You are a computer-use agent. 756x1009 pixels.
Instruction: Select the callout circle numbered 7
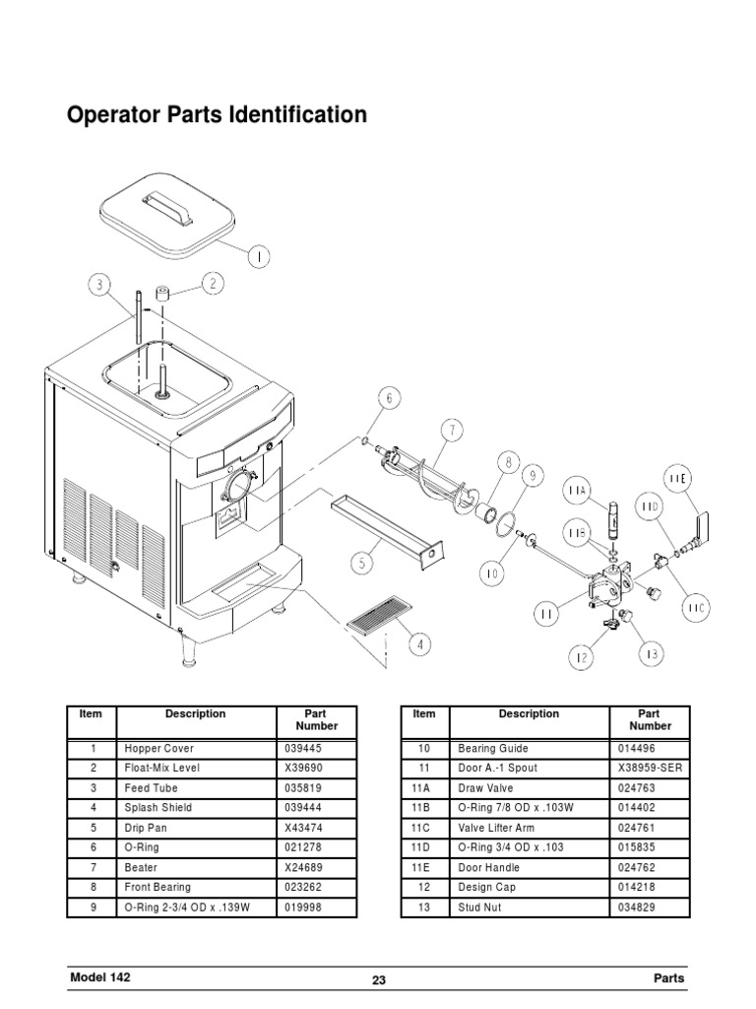point(451,430)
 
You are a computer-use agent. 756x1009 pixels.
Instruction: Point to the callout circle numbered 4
point(418,645)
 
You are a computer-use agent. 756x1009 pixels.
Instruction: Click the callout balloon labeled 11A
point(577,490)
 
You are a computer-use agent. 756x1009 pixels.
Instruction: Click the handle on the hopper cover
point(165,201)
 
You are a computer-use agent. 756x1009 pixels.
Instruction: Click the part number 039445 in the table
point(303,748)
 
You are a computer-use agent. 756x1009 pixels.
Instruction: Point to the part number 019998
point(303,908)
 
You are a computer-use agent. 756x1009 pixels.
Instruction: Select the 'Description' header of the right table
point(528,714)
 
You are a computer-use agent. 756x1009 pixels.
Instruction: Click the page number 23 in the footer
point(379,980)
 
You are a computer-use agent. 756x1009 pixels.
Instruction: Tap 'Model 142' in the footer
point(99,977)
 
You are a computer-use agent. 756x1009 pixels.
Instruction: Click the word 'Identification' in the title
point(297,115)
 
